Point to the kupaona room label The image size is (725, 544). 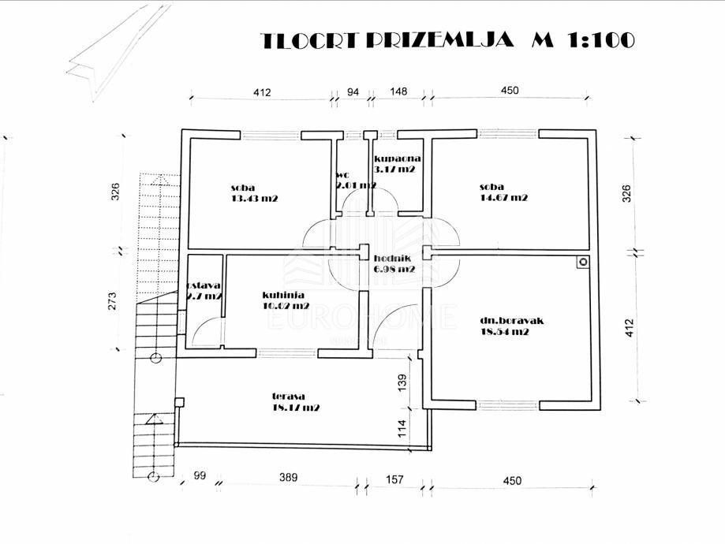393,158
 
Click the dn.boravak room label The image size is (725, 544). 512,321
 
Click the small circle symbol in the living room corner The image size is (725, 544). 583,263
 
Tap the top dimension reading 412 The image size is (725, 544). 262,92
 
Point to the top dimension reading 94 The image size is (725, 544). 353,92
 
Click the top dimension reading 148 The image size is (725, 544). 398,92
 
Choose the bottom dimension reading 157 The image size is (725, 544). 394,479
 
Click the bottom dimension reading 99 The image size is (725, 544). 199,476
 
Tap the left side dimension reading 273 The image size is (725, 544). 113,300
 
